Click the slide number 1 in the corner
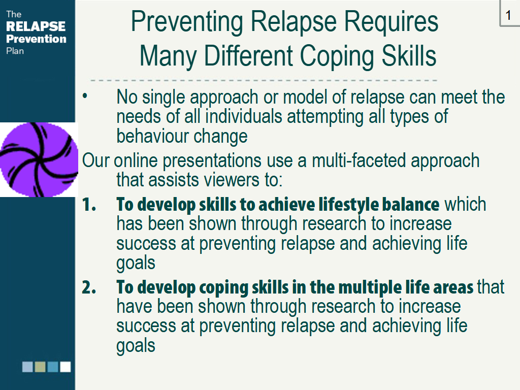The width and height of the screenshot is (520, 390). coord(508,15)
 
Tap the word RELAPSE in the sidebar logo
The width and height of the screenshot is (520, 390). coord(36,26)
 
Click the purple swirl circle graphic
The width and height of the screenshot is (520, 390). coord(39,159)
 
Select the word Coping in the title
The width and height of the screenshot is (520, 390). coord(338,56)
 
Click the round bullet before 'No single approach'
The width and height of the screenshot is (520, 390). coord(85,96)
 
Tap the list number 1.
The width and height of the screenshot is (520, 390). coord(88,204)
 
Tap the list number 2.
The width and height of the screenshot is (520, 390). coord(89,287)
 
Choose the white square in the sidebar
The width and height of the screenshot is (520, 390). coord(66,367)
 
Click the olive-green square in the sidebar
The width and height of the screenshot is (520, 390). coord(40,367)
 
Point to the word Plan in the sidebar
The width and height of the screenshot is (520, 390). coord(15,51)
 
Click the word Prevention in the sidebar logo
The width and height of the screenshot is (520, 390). coord(36,39)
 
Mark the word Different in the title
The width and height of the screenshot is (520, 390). coord(248,56)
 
